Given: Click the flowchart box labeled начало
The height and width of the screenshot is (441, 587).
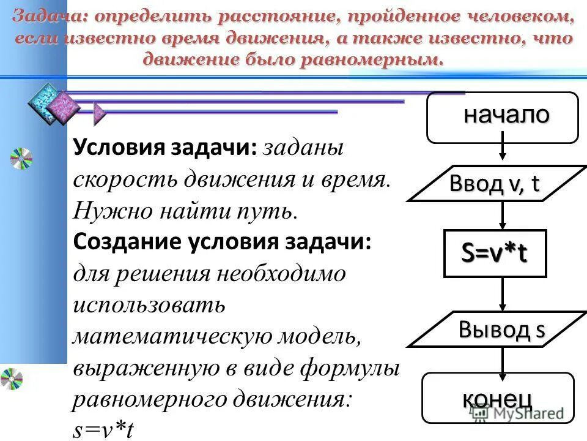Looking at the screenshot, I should click(502, 117).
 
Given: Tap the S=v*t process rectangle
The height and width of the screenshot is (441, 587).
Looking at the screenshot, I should click(494, 254).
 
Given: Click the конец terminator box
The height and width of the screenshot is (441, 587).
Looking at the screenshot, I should click(498, 398).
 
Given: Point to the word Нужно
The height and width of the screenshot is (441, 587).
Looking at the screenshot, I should click(98, 211).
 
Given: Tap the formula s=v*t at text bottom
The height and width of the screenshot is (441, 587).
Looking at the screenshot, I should click(103, 431).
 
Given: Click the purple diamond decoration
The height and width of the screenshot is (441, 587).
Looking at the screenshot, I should click(64, 107).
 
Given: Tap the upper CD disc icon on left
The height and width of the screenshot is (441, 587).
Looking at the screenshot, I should click(21, 159).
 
